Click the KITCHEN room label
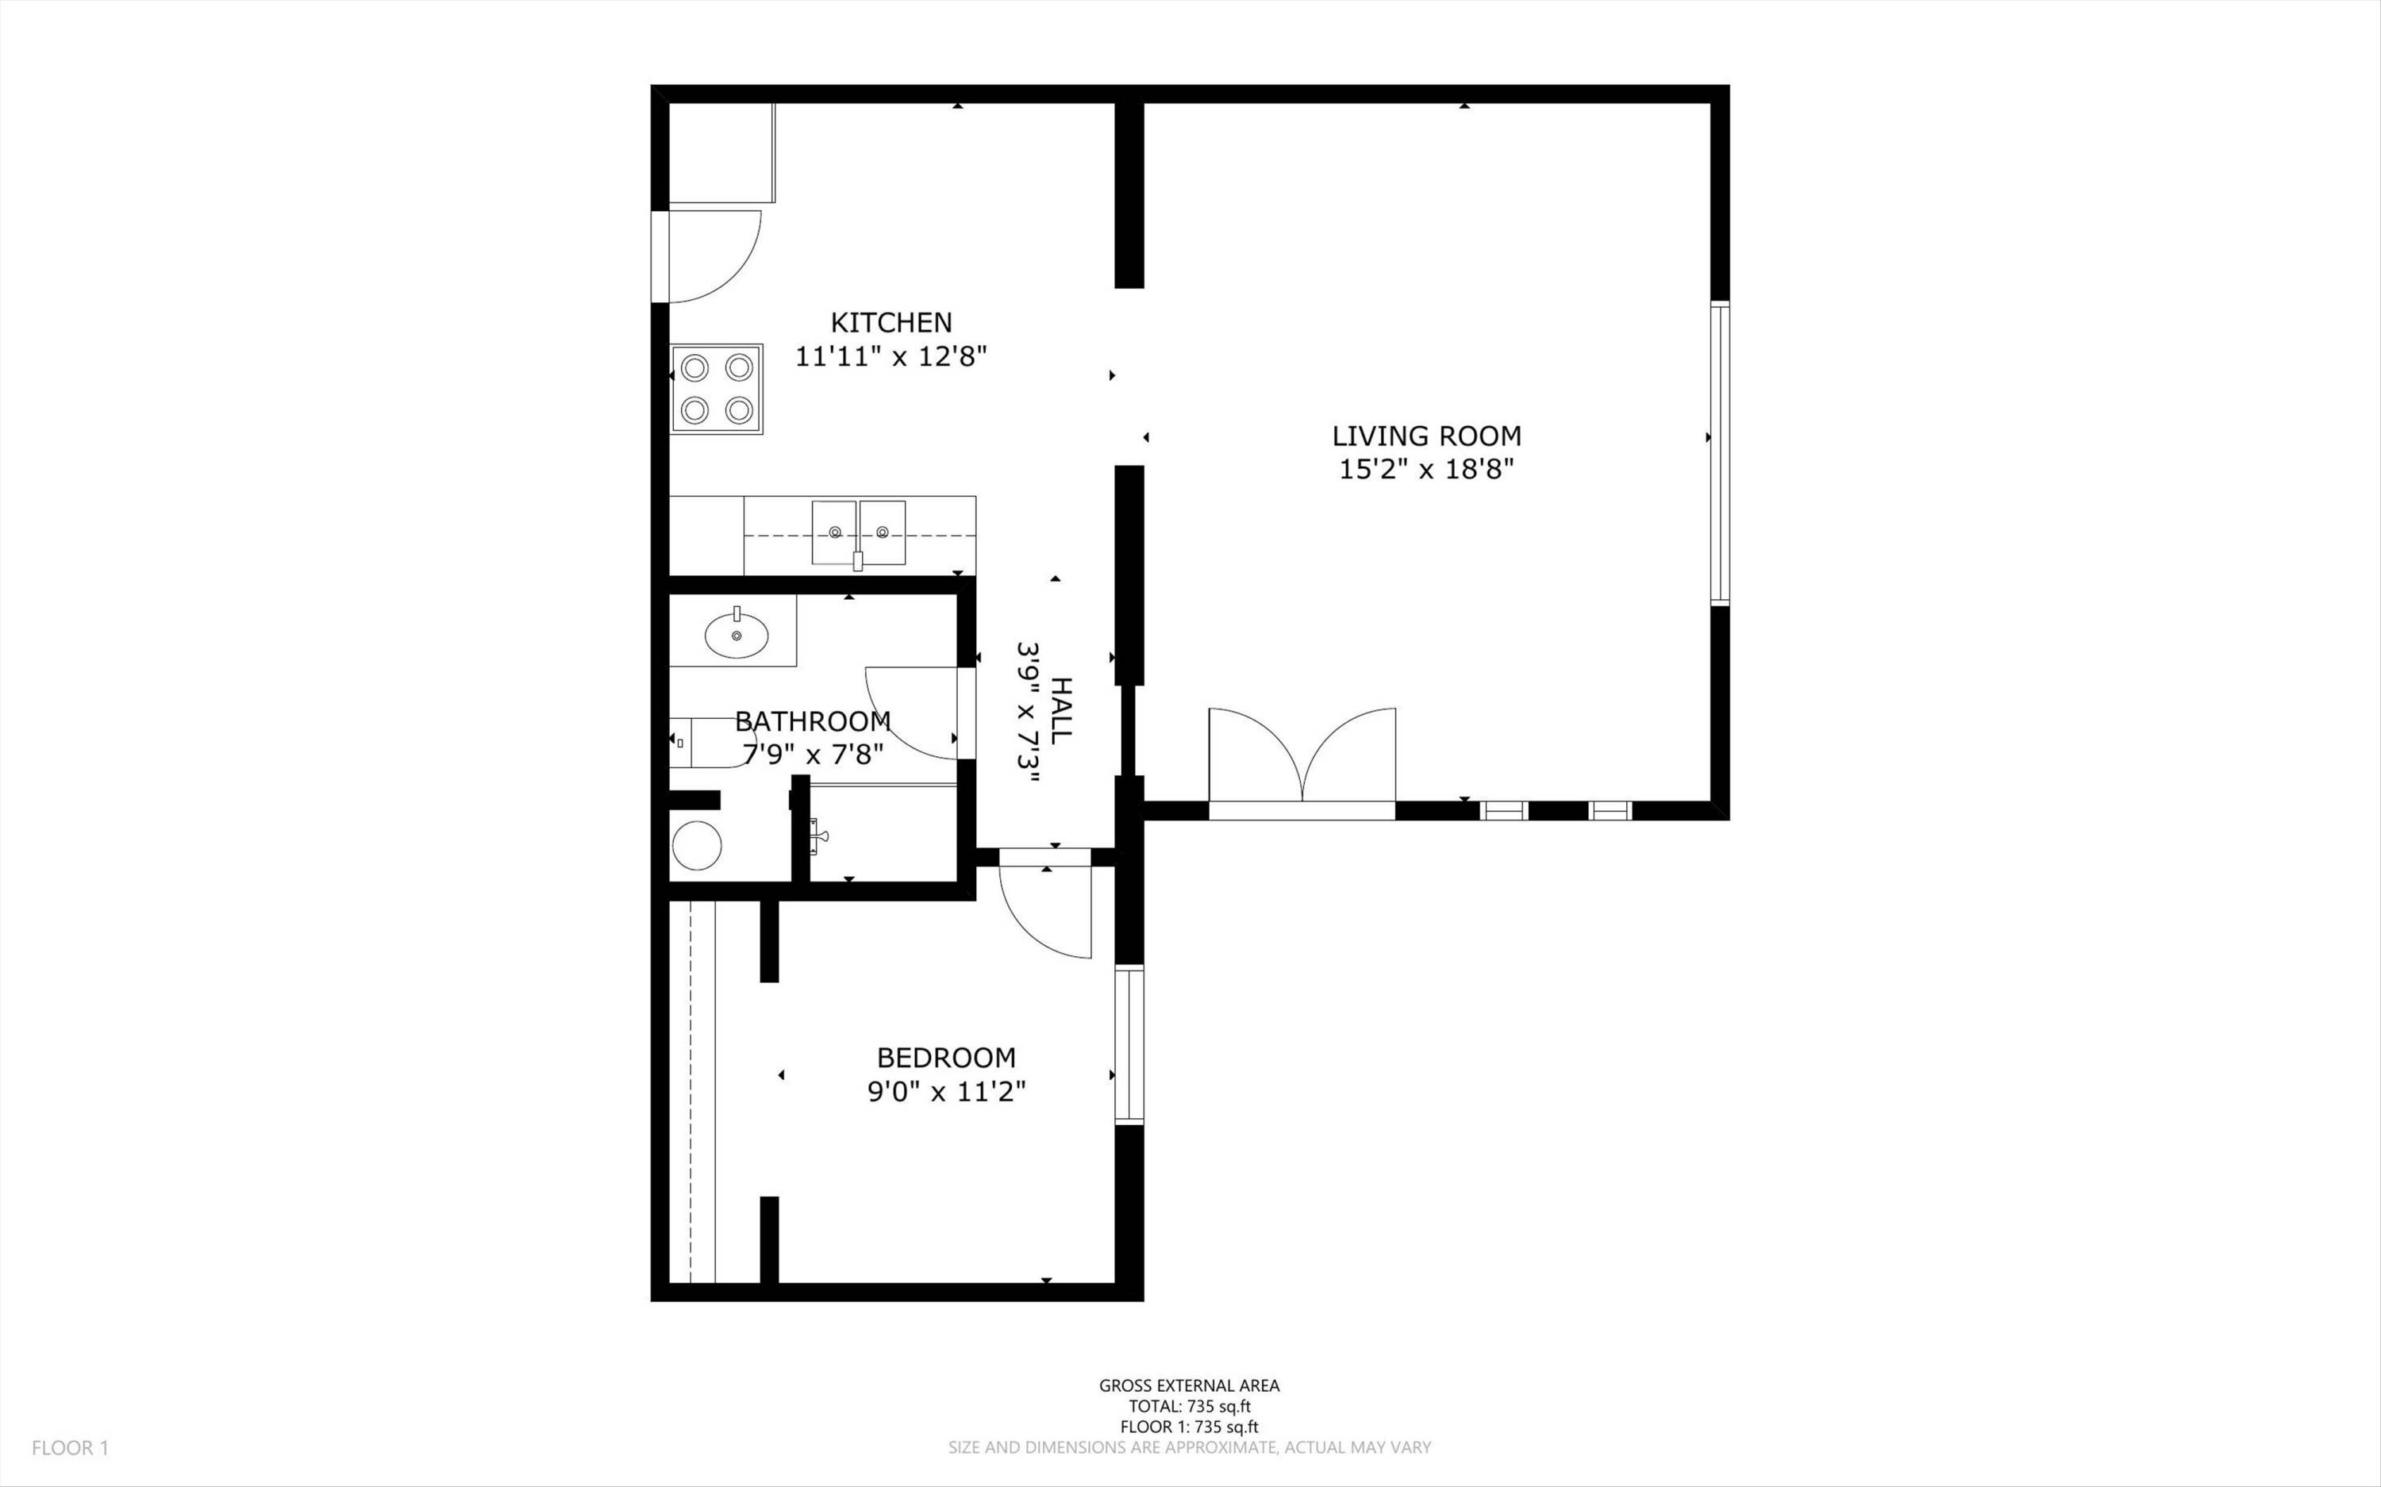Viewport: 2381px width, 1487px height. [891, 323]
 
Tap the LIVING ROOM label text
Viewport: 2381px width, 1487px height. [1426, 436]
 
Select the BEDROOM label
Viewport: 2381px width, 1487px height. [946, 1059]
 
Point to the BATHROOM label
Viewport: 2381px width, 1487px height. [813, 722]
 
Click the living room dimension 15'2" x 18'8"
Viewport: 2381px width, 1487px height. [1426, 469]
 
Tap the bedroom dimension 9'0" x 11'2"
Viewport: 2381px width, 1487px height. [946, 1092]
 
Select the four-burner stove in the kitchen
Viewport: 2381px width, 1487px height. [717, 389]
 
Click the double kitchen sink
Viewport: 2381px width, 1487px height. [859, 534]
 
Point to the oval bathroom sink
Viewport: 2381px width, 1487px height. [737, 636]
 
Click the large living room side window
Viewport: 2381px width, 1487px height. [1720, 452]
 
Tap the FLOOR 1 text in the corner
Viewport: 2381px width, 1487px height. [70, 1447]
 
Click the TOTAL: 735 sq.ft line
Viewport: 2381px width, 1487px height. [1189, 1406]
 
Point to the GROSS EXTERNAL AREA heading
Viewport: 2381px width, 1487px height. [1189, 1385]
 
